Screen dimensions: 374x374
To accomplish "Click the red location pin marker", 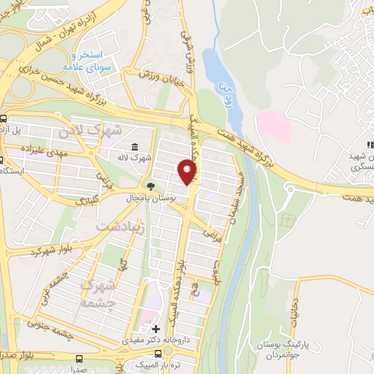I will click(x=187, y=172).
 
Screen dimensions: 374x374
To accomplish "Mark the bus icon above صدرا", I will click(x=78, y=358).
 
